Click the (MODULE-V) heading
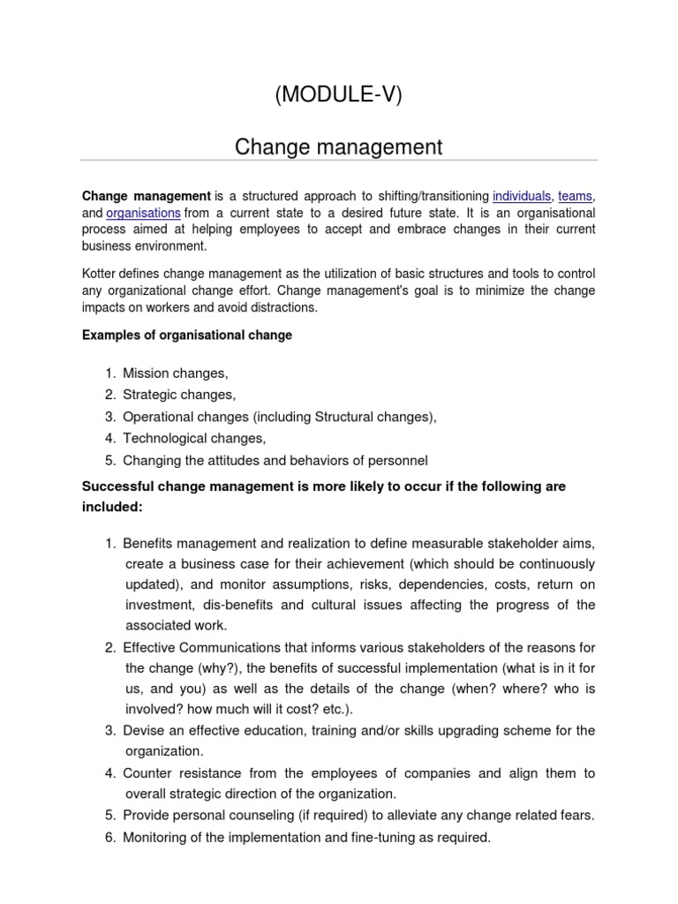[x=338, y=96]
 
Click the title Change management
[x=338, y=147]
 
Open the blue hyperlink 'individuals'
[x=522, y=196]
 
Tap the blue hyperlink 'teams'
[x=576, y=196]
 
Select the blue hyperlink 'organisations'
[x=143, y=213]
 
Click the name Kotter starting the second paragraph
[x=100, y=274]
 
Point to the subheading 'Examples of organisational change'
[x=186, y=335]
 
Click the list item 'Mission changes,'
[x=175, y=374]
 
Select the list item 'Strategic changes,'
[x=179, y=395]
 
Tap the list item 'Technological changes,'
[x=193, y=438]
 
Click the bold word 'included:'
[x=111, y=508]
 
